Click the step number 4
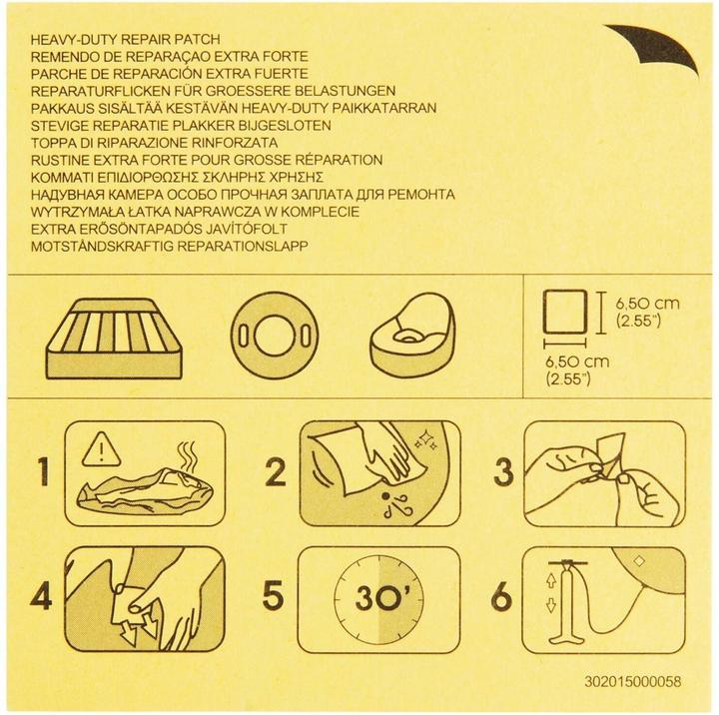coord(41,597)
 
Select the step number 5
coord(271,597)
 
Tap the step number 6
coord(500,597)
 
